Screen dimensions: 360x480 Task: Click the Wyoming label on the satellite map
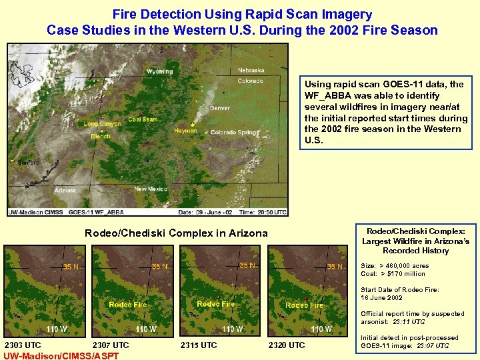pos(159,71)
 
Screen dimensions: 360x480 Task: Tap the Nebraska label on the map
pos(251,70)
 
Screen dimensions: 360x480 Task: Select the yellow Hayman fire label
pos(185,131)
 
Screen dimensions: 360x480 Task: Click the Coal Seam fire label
pos(143,119)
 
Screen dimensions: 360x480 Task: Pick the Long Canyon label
pos(102,123)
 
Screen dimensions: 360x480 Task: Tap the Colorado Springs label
pos(233,133)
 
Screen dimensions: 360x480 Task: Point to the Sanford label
pos(29,162)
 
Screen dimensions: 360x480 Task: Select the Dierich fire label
pos(101,137)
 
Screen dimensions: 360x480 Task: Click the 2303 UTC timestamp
pos(23,345)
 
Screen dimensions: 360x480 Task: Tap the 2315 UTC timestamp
pos(199,345)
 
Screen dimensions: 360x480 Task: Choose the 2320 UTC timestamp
pos(286,345)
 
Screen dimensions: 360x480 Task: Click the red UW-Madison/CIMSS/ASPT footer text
pos(61,356)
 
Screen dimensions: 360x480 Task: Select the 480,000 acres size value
pos(405,265)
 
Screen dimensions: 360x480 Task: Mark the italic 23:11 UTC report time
pos(406,321)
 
